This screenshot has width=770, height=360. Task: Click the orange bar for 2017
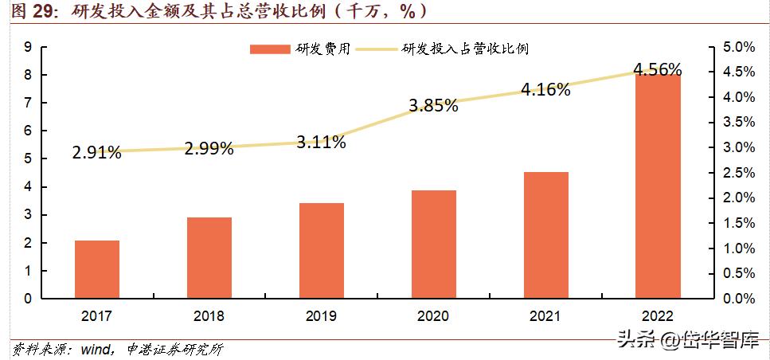(x=97, y=269)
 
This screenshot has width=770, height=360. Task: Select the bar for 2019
(x=322, y=251)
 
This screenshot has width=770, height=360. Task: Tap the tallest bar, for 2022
(x=658, y=186)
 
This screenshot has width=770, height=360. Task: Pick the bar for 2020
(x=433, y=245)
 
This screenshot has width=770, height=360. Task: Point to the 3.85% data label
(x=433, y=105)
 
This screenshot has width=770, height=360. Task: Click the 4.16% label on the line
(x=545, y=90)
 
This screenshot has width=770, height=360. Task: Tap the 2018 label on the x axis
(x=209, y=316)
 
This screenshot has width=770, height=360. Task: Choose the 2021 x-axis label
(x=545, y=316)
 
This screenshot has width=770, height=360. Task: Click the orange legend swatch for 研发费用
(x=271, y=49)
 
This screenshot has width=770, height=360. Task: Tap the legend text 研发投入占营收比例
(x=466, y=49)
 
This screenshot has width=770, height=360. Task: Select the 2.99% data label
(x=209, y=148)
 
